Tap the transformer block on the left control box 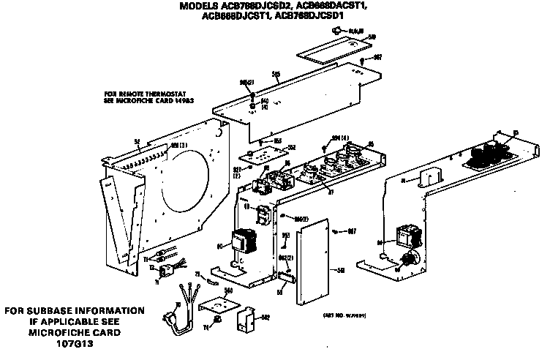(241, 243)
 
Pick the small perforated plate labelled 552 (255, 154)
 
